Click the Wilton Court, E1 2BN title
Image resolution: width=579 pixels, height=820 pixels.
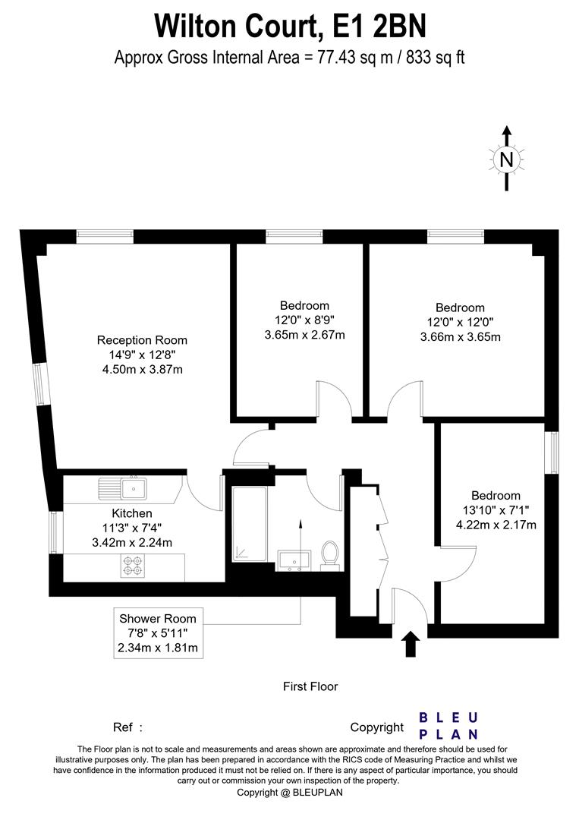[x=290, y=25]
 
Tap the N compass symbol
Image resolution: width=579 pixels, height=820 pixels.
[x=507, y=159]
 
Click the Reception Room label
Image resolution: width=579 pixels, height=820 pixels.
[x=142, y=340]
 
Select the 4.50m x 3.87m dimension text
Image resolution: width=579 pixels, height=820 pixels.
[x=142, y=370]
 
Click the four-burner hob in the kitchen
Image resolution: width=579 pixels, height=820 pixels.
[x=132, y=565]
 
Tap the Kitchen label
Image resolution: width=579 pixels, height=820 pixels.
[x=132, y=514]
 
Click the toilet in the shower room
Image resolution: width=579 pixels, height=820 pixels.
[x=329, y=554]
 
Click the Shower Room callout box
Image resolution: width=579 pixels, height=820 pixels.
[x=158, y=633]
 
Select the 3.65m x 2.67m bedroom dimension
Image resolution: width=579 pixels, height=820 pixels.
[x=304, y=335]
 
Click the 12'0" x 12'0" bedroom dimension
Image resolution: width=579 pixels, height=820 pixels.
[x=460, y=322]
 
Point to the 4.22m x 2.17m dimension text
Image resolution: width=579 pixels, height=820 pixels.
[x=496, y=525]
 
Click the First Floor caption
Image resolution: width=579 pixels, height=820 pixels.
[x=310, y=686]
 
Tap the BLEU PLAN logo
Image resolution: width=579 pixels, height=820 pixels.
[x=448, y=726]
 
